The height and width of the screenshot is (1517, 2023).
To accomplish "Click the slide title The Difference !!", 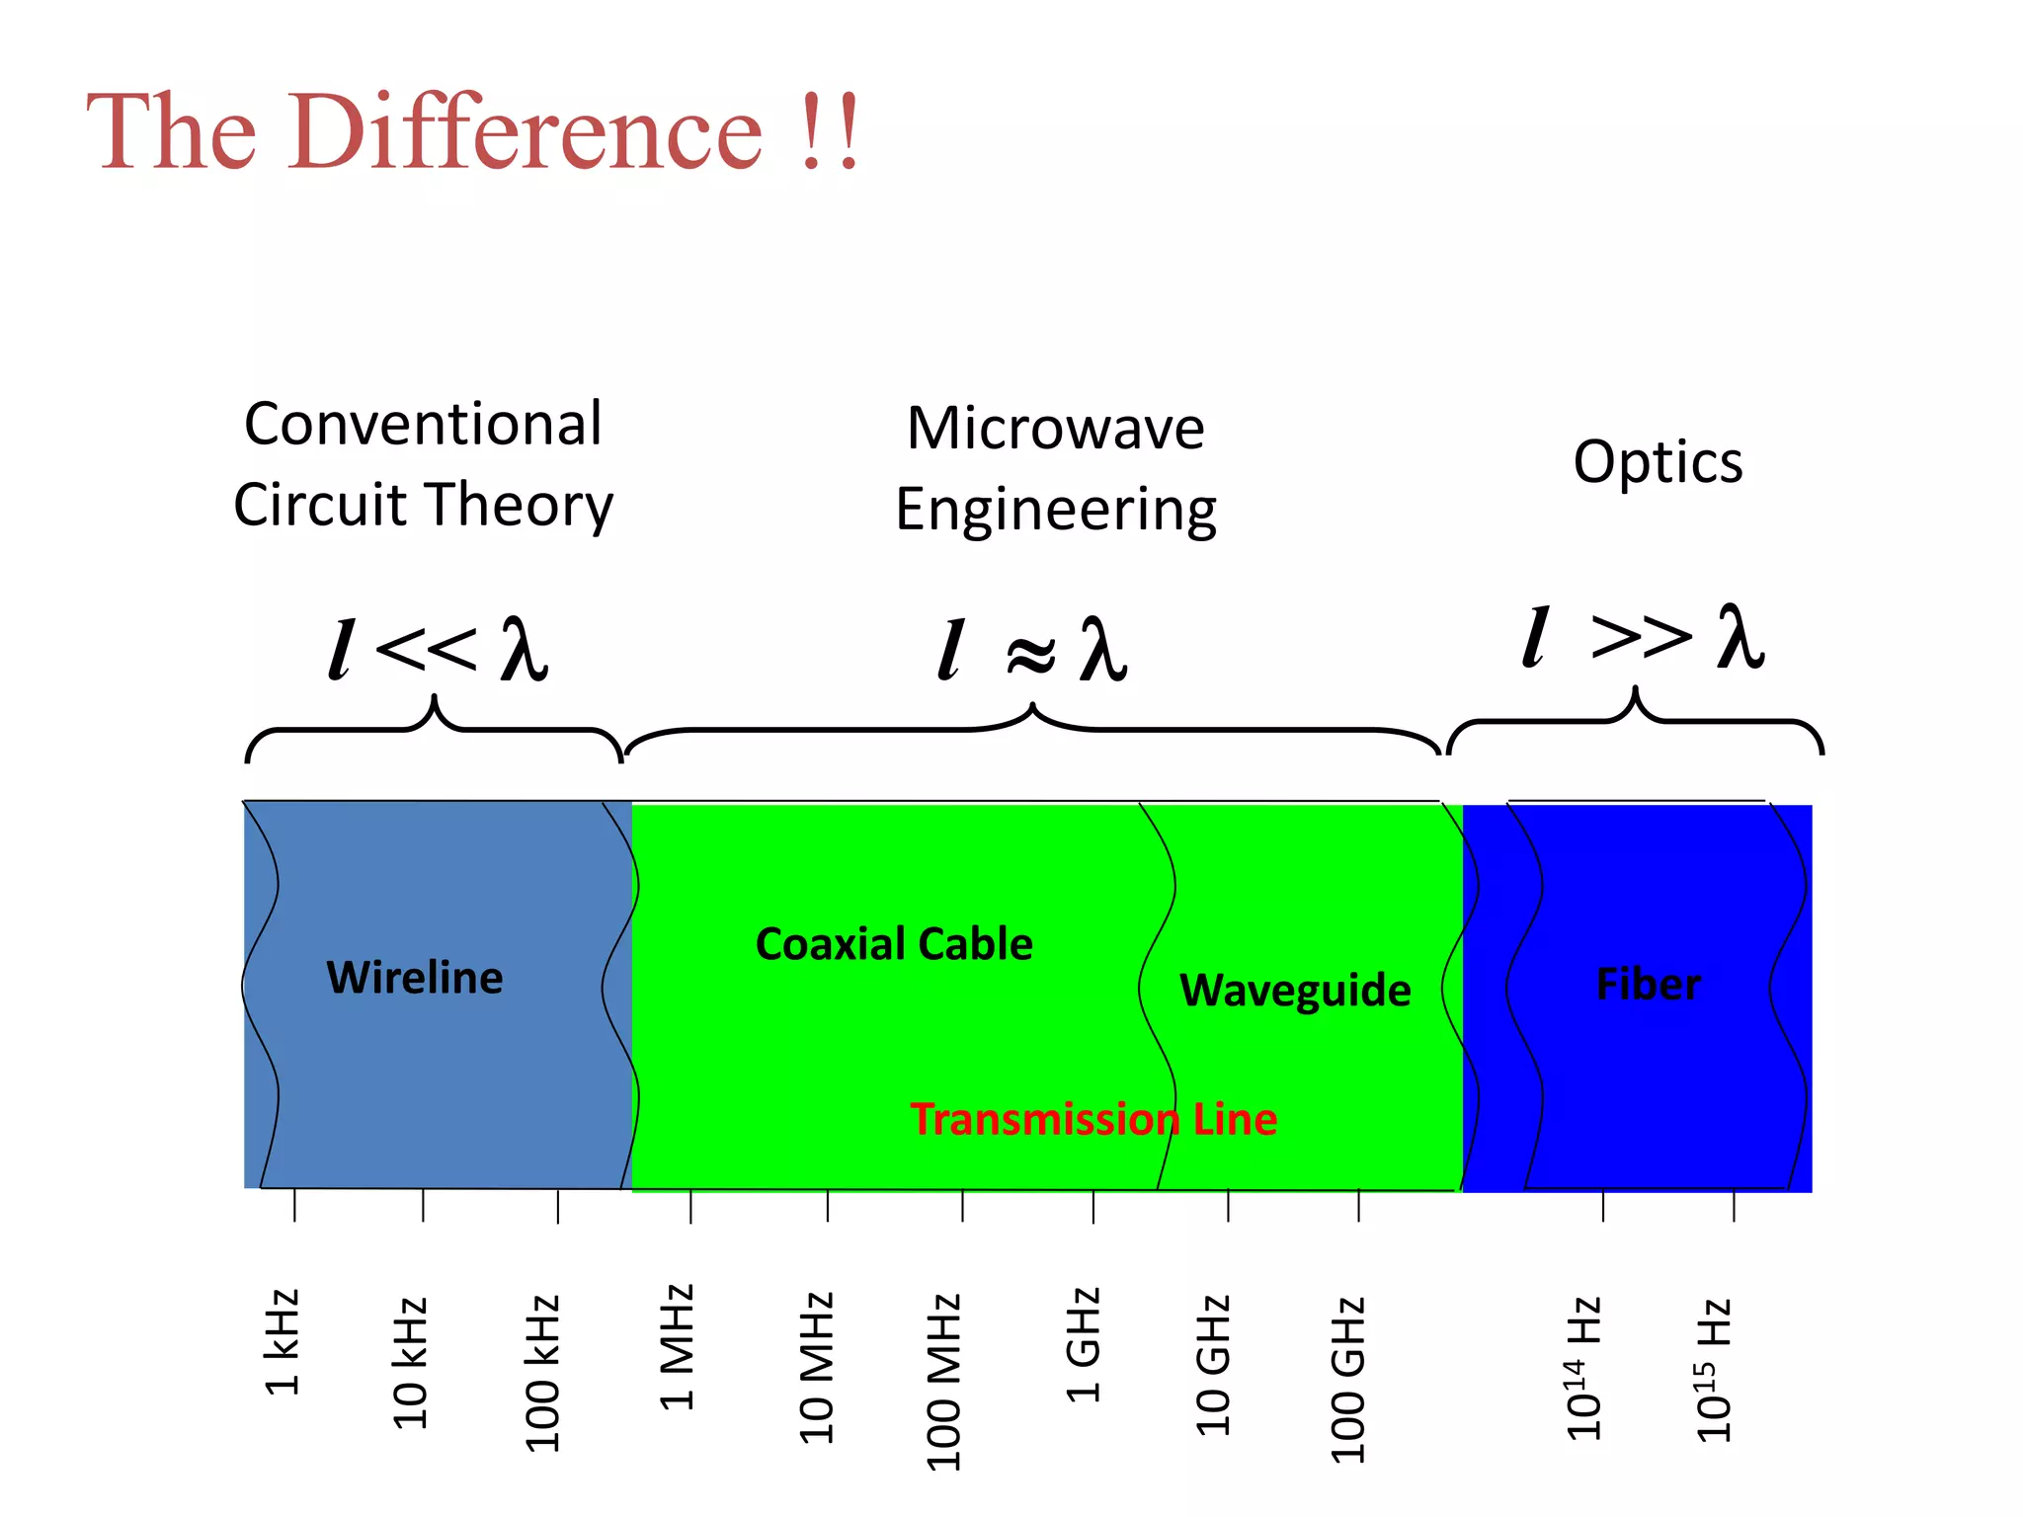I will click(472, 131).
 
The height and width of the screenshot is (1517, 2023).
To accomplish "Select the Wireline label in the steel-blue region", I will click(414, 978).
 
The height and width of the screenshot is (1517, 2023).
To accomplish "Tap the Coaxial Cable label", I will click(893, 944).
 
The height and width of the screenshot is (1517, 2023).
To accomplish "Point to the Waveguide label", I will click(1294, 990).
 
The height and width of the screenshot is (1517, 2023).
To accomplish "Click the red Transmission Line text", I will click(1092, 1119).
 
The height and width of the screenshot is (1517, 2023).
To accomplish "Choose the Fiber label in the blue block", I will click(1648, 985).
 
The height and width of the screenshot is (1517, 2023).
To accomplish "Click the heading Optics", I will click(1658, 461).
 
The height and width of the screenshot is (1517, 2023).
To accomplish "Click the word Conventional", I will click(423, 424).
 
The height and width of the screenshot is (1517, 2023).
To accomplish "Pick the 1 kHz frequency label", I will click(283, 1341).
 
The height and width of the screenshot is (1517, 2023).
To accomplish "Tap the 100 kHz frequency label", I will click(542, 1373).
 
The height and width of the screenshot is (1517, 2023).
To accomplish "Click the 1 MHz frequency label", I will click(678, 1346).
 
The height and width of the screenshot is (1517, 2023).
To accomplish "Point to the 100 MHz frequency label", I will click(943, 1381).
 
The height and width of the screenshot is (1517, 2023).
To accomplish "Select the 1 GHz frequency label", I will click(1083, 1344).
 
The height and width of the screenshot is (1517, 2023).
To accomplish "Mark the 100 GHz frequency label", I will click(1347, 1379).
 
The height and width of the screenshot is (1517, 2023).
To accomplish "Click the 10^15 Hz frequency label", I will click(1714, 1371).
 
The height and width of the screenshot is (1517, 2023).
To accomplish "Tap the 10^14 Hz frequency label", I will click(1583, 1369).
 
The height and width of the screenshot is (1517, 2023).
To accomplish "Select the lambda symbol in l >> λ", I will click(1740, 637).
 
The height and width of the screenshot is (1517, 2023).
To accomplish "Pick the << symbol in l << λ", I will click(426, 649).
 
